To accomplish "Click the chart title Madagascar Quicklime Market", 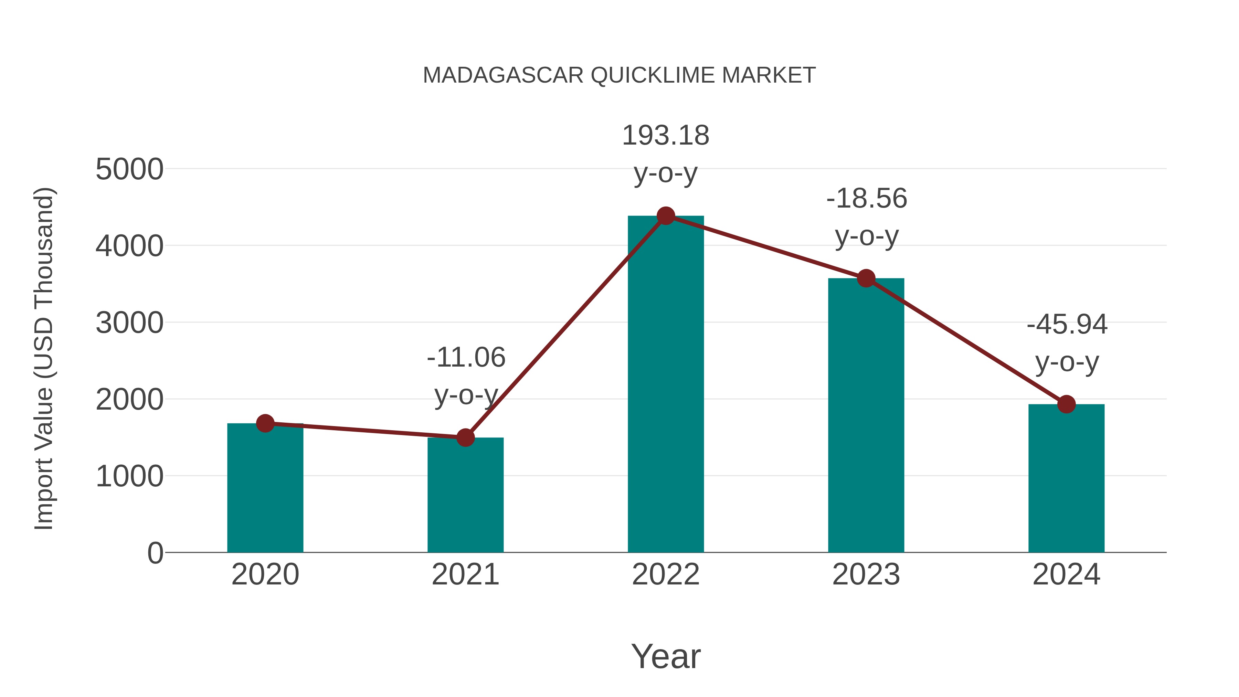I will point(619,75).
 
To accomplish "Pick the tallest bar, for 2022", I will point(666,385).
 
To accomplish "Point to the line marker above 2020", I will point(265,423).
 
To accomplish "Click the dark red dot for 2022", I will point(666,216).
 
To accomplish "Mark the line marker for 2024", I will point(1066,404).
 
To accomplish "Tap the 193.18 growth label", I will point(666,136).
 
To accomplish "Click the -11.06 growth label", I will point(466,358).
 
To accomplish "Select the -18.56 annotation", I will point(866,199).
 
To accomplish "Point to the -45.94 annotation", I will point(1067,325).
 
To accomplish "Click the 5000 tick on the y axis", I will point(129,169).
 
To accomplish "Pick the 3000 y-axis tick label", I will point(129,323).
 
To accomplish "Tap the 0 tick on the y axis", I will point(155,553).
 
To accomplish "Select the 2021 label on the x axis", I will point(465,574).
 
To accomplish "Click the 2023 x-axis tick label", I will point(866,574).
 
